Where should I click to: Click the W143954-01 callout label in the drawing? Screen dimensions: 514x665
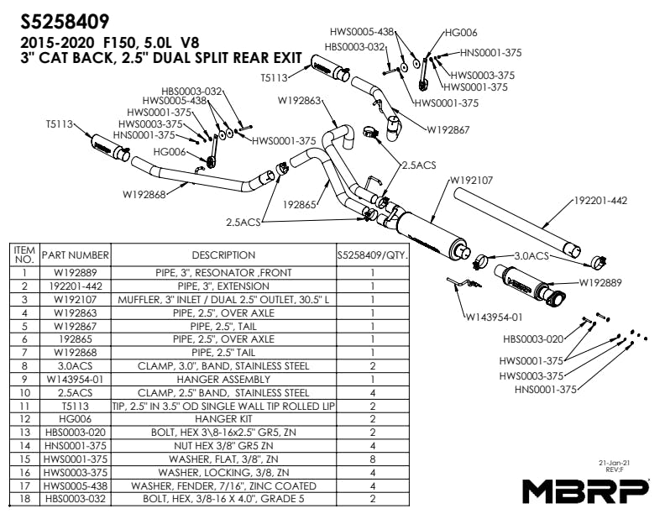coord(495,317)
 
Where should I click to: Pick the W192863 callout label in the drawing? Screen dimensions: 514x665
coord(300,101)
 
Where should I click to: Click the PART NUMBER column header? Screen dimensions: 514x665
coord(76,254)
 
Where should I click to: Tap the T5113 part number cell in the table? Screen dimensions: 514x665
coord(76,406)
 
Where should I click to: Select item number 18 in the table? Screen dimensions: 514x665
coord(25,500)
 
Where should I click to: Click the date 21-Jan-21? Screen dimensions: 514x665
coord(620,463)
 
